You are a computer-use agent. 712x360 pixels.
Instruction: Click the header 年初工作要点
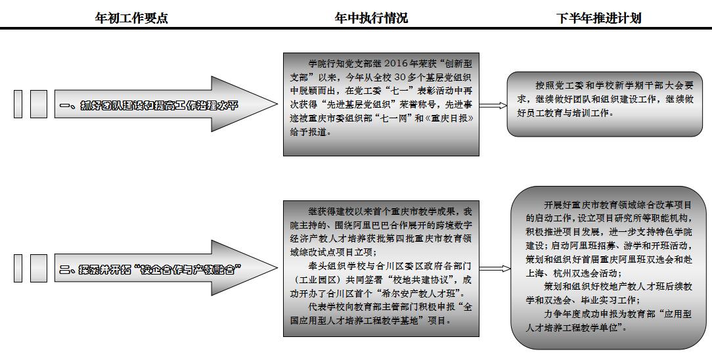[x=131, y=18]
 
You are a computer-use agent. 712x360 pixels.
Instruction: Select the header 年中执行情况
[x=370, y=18]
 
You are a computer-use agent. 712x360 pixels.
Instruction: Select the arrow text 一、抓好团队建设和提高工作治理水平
[x=158, y=105]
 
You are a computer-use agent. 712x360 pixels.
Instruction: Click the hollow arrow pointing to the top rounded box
[x=493, y=105]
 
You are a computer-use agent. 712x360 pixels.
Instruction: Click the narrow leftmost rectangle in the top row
[x=18, y=105]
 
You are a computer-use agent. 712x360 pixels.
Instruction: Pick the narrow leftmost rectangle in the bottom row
[x=18, y=269]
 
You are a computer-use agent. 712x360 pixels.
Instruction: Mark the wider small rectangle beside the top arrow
[x=38, y=105]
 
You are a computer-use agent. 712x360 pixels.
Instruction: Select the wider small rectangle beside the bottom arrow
[x=38, y=269]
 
